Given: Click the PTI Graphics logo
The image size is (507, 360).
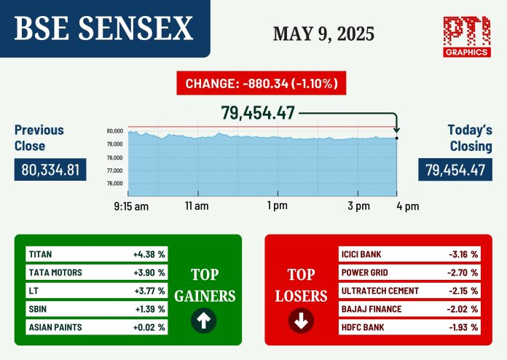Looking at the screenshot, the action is [x=467, y=36].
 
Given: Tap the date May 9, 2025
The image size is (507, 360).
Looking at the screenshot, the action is [x=323, y=34].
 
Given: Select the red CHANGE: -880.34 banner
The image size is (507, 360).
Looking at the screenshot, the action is [x=262, y=83].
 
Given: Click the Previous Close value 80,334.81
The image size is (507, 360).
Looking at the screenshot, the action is [x=50, y=170].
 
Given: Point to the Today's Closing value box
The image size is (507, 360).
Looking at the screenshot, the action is [x=455, y=170].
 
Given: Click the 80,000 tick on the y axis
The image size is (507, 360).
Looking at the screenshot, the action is [x=115, y=131].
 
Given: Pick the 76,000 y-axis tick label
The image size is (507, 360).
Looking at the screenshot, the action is [x=115, y=184].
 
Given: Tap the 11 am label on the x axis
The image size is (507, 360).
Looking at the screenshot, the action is [x=197, y=206].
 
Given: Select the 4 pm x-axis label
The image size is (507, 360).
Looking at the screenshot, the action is [x=408, y=206].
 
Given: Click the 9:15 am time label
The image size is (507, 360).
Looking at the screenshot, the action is [x=131, y=206].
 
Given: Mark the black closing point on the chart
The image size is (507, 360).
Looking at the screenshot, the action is [x=397, y=138].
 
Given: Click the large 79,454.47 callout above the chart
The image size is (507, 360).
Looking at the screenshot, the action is [x=258, y=113].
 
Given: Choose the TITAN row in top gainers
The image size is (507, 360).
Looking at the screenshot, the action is [x=97, y=254].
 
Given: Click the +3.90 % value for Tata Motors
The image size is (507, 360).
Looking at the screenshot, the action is [x=149, y=273].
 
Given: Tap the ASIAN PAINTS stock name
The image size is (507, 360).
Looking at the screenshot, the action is [x=55, y=327].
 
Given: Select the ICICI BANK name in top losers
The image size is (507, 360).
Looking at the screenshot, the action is [x=361, y=254].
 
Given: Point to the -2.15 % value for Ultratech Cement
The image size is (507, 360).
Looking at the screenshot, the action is [x=463, y=291].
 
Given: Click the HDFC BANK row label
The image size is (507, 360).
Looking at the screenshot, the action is [x=363, y=327].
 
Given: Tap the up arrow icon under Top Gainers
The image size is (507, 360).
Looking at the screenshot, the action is [x=204, y=321].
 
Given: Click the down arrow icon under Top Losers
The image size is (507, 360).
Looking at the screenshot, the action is [x=301, y=321].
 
